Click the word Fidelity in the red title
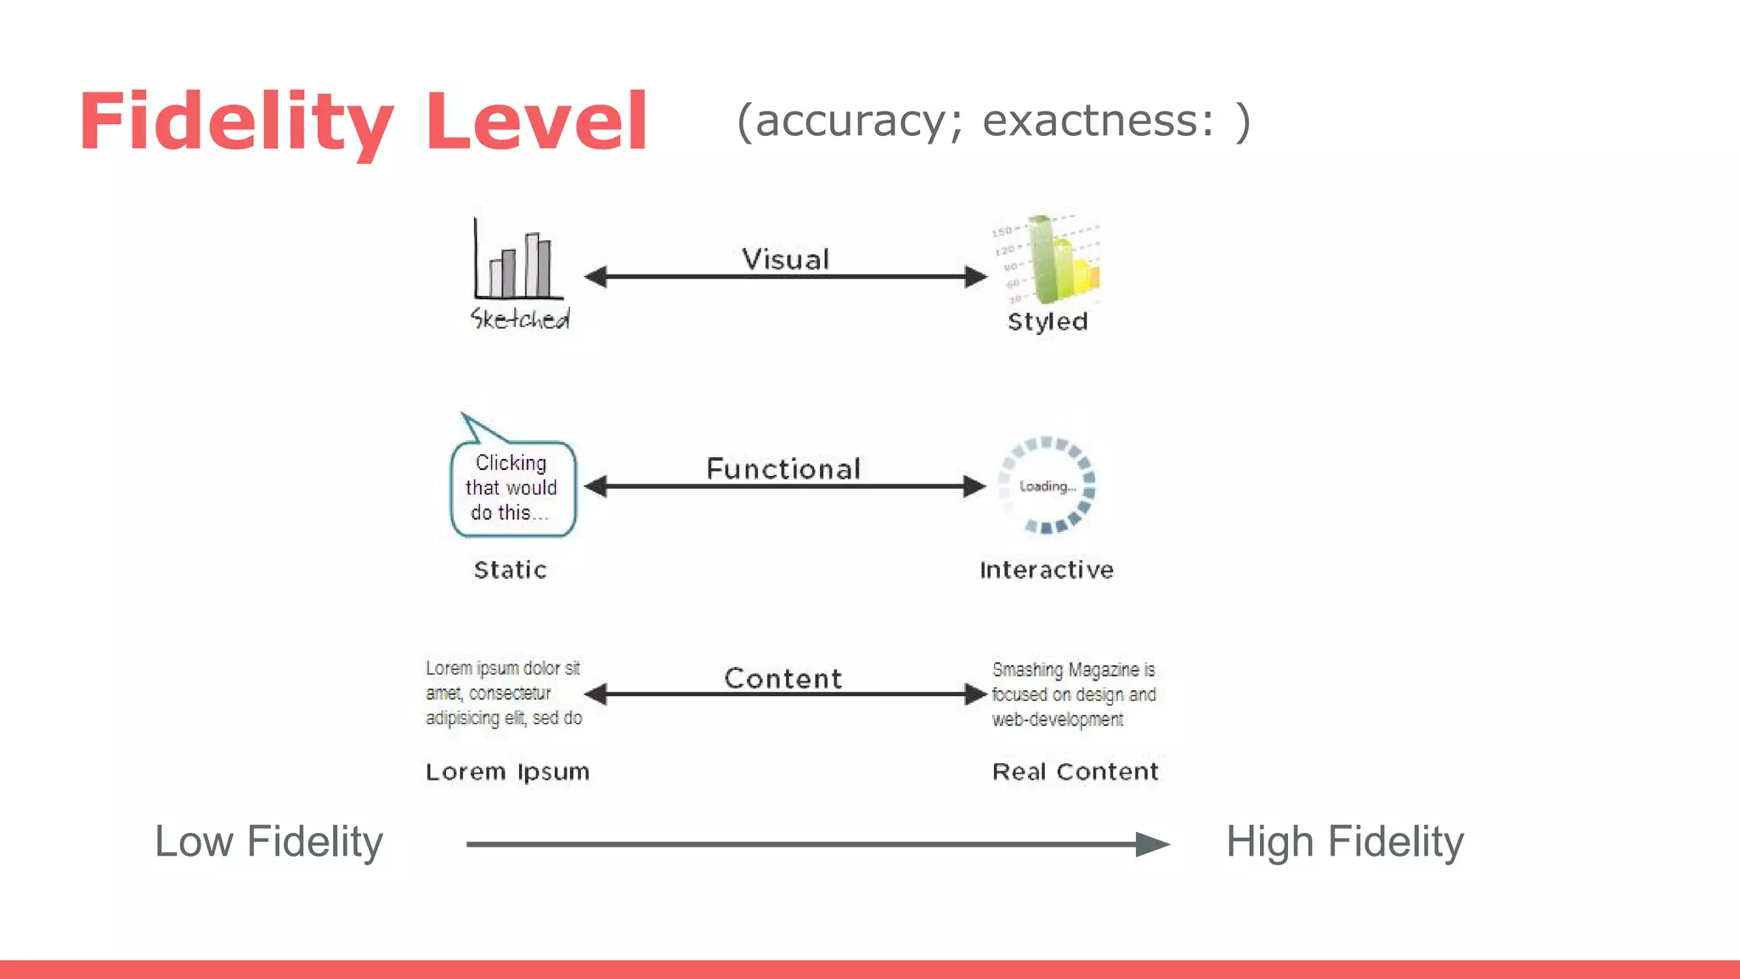click(x=235, y=122)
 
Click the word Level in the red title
click(x=537, y=122)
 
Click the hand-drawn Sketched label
click(x=520, y=319)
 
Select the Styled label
click(x=1048, y=321)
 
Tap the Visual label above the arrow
click(x=785, y=259)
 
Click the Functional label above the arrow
click(x=783, y=469)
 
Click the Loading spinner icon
click(x=1048, y=486)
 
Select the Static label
click(x=510, y=569)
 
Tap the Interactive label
click(x=1047, y=569)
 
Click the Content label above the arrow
click(x=783, y=678)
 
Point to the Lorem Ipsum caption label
click(x=507, y=772)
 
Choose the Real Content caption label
click(x=1075, y=772)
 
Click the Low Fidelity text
click(x=268, y=842)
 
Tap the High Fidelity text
click(x=1344, y=842)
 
